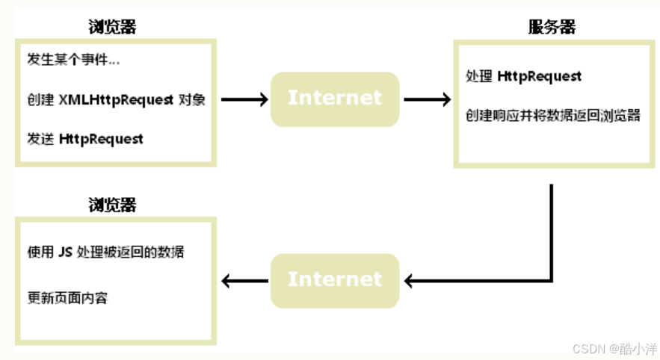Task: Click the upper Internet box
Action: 334,98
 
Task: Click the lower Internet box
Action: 334,279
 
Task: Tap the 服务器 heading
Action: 552,28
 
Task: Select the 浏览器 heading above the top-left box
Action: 112,28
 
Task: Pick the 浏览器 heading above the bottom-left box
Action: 112,205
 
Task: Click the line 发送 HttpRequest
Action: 84,139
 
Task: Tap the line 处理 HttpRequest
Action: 522,76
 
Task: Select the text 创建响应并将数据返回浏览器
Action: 552,116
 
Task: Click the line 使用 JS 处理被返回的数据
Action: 105,252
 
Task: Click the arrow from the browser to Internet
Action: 244,99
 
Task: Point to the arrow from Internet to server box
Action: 427,99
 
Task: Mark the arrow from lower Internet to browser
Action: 245,281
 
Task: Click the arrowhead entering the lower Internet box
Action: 409,281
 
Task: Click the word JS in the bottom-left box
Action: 65,252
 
